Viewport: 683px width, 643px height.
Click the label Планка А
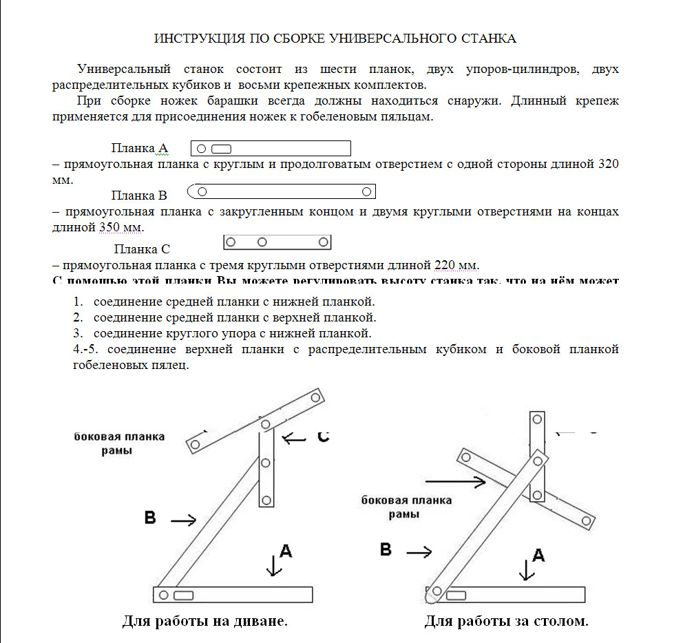click(x=139, y=149)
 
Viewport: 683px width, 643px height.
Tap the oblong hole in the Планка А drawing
click(x=221, y=149)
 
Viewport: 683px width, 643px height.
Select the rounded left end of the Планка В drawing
click(x=193, y=191)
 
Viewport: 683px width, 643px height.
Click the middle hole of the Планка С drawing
click(x=262, y=242)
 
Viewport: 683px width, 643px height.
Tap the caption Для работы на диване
click(x=204, y=622)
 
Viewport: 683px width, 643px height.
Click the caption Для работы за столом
click(x=506, y=622)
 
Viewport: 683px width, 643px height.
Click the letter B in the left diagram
click(x=150, y=518)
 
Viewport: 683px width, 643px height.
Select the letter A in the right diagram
click(x=539, y=555)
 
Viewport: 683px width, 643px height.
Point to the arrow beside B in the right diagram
click(x=419, y=551)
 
